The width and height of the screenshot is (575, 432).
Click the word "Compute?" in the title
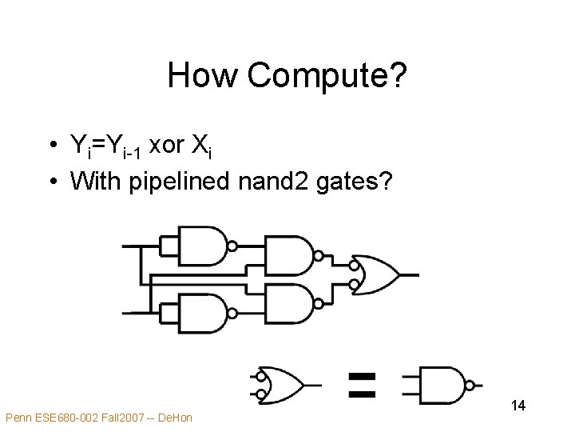coord(327,77)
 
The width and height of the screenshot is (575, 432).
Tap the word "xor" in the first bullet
coord(166,145)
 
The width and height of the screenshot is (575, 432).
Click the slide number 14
coord(517,406)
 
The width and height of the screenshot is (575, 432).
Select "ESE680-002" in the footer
coord(63,417)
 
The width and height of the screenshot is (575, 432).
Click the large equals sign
coord(362,383)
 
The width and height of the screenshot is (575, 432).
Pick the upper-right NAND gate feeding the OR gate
coord(288,256)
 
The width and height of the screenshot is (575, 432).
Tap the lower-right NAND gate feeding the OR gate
coord(288,301)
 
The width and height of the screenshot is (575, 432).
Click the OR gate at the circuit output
coord(378,275)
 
